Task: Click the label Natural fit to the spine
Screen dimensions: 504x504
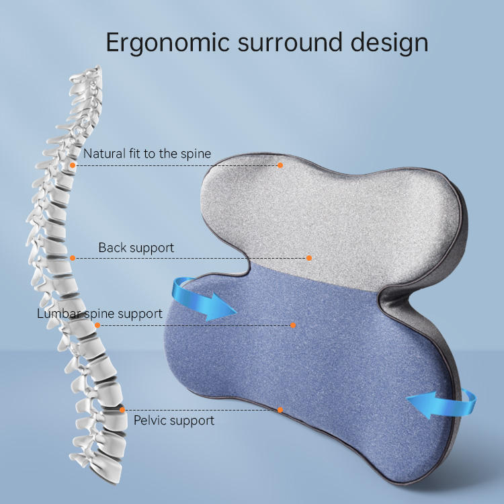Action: point(147,154)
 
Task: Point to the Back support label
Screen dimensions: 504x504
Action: point(136,247)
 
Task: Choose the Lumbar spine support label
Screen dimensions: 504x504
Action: point(99,313)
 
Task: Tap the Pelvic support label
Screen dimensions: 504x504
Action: point(174,420)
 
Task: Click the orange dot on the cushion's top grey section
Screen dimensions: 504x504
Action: point(280,165)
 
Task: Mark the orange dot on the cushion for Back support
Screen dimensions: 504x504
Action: point(308,257)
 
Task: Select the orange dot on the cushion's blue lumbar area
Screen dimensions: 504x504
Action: point(293,325)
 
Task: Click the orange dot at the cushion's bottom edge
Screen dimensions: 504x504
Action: point(280,409)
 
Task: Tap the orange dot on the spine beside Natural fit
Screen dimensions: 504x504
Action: point(73,165)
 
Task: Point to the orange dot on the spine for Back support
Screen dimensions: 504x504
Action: point(72,257)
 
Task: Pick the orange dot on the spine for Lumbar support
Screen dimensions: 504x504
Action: point(98,325)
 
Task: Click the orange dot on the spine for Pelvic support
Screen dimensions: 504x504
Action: point(122,409)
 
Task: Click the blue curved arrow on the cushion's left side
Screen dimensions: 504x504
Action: point(202,300)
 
